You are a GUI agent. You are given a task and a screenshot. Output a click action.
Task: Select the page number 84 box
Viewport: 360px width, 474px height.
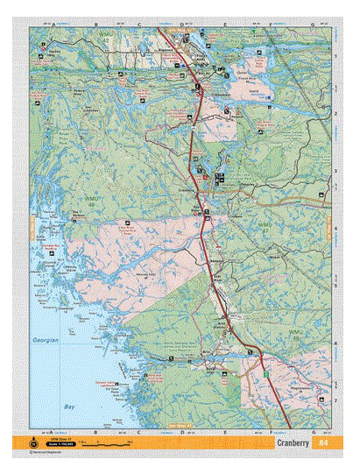tap(323, 442)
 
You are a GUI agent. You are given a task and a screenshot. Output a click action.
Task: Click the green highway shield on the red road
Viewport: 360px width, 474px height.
tap(259, 374)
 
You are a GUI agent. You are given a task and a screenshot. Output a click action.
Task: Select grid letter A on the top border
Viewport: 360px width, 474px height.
tap(53, 24)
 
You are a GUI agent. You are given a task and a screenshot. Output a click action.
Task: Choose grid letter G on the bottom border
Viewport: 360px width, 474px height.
tap(313, 432)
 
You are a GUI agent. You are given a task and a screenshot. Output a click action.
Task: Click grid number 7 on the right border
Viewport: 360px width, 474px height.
tap(336, 400)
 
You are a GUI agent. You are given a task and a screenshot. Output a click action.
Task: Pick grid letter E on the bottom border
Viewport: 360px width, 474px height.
tap(225, 432)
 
